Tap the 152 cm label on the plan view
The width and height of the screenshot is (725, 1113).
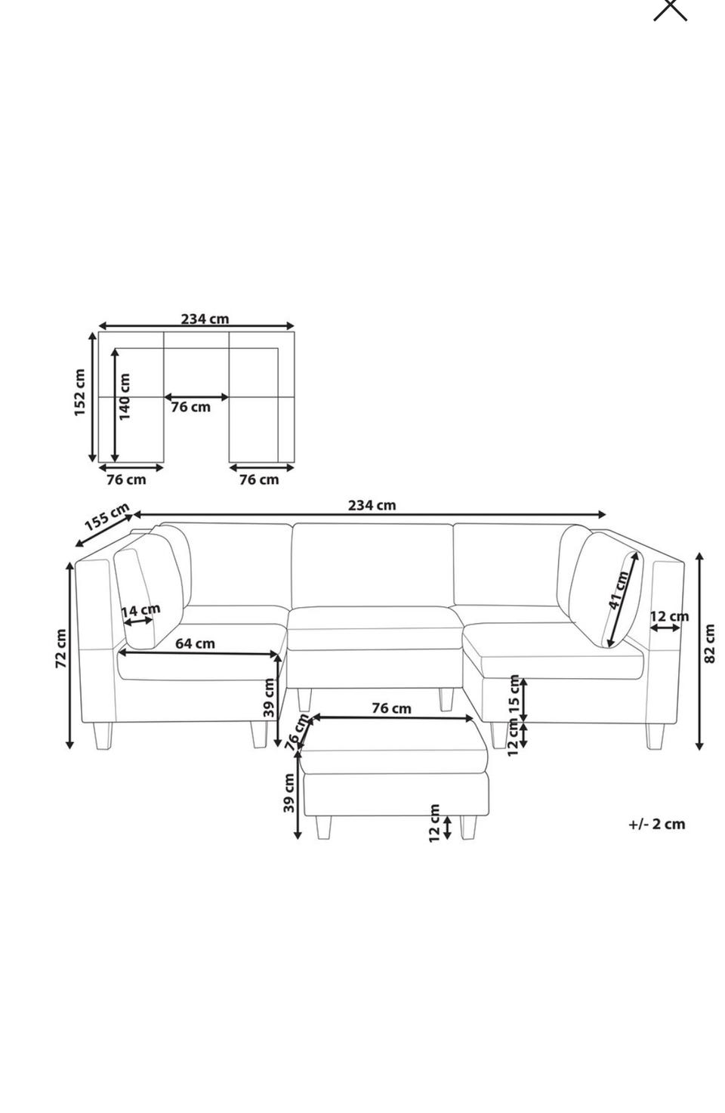[79, 392]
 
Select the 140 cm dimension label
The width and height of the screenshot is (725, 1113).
[124, 396]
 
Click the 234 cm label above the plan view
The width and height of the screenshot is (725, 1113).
[205, 319]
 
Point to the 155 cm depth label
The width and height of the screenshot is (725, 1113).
[106, 516]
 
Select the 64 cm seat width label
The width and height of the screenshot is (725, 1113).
[196, 643]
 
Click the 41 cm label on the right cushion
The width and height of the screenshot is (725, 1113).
[619, 590]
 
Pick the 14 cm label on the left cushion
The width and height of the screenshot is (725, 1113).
[141, 609]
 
